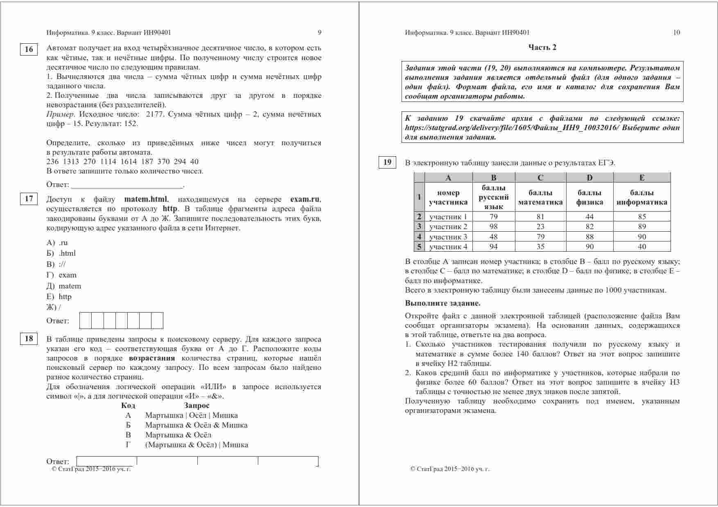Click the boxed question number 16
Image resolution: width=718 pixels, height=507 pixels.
tap(29, 50)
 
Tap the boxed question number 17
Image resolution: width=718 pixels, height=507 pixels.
tap(29, 199)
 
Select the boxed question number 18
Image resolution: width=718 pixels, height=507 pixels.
tap(29, 338)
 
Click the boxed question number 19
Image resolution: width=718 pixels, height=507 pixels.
tap(387, 162)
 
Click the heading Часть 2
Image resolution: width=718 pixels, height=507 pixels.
tap(542, 47)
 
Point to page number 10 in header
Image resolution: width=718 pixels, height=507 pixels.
tap(676, 32)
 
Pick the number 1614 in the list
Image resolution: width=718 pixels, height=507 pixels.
tap(129, 162)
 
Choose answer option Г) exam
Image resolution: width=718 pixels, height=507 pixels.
tap(62, 275)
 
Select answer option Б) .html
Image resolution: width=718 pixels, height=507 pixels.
tap(61, 253)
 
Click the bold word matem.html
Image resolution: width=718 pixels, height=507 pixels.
tap(146, 199)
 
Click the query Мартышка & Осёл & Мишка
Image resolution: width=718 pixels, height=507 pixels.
tap(196, 425)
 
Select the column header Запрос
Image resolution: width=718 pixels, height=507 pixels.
tap(196, 406)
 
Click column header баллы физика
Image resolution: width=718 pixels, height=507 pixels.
tap(589, 197)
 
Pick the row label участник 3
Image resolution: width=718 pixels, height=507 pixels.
tap(448, 237)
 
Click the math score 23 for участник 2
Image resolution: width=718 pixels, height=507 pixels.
tap(540, 227)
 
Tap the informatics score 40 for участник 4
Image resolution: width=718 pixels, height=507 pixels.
tap(641, 246)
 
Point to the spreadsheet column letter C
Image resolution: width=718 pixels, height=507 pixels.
tap(540, 178)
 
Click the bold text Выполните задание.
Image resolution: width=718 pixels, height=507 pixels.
tap(443, 303)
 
